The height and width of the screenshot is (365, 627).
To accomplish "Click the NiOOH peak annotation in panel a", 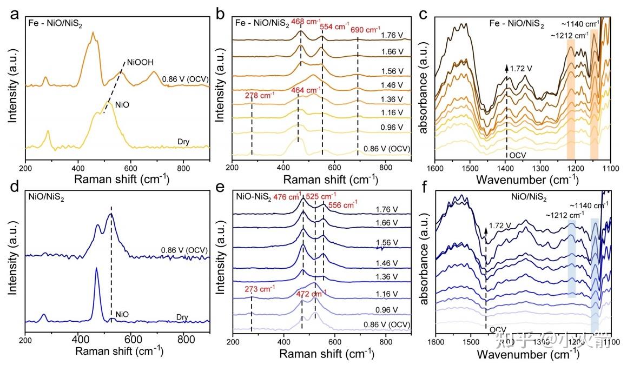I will pyautogui.click(x=139, y=62).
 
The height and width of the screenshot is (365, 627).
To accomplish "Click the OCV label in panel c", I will pyautogui.click(x=517, y=155).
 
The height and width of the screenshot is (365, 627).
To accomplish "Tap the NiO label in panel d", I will pyautogui.click(x=122, y=314).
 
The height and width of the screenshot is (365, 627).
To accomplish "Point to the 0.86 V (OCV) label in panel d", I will pyautogui.click(x=184, y=250).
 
